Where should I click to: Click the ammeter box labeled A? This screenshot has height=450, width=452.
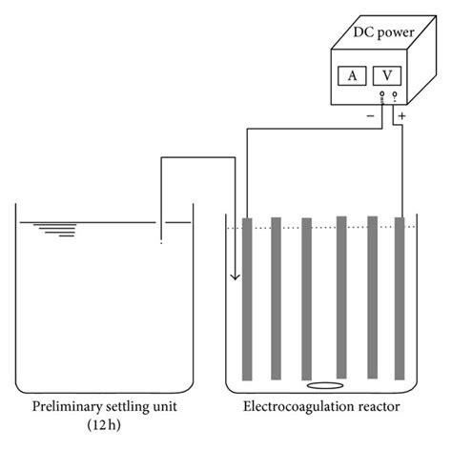pos(352,74)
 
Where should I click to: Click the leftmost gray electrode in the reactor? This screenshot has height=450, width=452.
pos(246,297)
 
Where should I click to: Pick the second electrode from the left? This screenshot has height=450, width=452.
pos(276,297)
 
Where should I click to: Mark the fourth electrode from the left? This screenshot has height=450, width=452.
pos(339,297)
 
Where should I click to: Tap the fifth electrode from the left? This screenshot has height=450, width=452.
pos(371,297)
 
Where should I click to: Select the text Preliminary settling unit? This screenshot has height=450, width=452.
pos(105,407)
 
